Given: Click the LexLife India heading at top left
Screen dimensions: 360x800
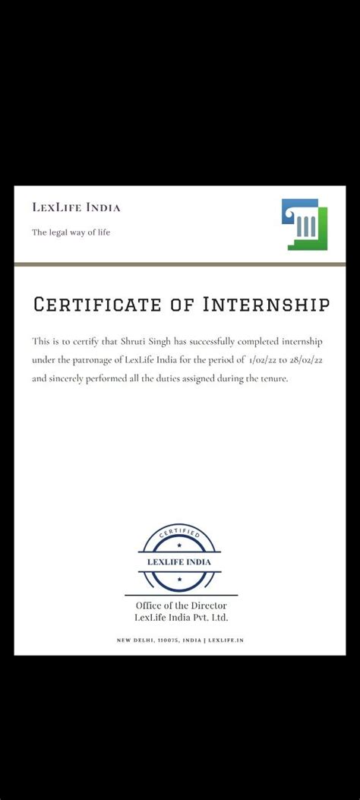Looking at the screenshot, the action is (x=76, y=207).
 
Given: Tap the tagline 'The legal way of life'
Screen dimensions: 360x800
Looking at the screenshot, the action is (x=71, y=232).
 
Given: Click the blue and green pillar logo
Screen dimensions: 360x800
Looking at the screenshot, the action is (x=304, y=224).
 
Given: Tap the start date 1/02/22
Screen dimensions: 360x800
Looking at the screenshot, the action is (x=264, y=359).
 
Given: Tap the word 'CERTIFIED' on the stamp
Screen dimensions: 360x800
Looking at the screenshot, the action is (x=179, y=536).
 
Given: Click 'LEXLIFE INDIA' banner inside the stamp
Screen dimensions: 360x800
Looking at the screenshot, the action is (x=179, y=562).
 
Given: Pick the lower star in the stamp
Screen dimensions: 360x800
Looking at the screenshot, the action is (x=179, y=579).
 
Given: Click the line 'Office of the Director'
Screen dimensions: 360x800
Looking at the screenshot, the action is (x=181, y=606).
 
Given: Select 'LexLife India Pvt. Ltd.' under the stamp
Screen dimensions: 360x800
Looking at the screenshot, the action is (x=181, y=618).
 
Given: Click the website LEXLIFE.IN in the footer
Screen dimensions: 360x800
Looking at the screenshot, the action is (x=226, y=640).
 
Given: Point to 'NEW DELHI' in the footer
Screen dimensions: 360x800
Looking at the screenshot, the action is (x=134, y=640).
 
